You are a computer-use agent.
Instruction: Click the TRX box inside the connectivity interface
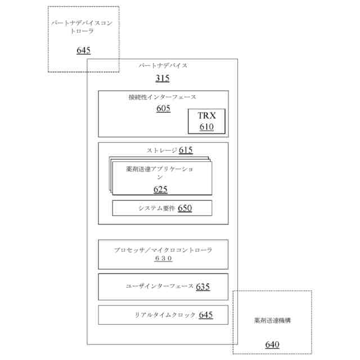(x=206, y=121)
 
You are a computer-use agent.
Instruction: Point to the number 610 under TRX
(x=206, y=127)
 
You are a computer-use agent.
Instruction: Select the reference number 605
(x=163, y=109)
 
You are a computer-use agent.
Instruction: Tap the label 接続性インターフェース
(x=163, y=97)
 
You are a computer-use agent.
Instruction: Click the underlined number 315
(x=162, y=78)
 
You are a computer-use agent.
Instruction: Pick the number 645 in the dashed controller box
(x=83, y=51)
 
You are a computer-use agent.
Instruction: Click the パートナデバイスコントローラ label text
(x=83, y=28)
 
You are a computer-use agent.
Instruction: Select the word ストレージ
(x=162, y=151)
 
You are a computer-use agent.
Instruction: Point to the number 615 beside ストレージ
(x=186, y=150)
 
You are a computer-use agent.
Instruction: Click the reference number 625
(x=160, y=189)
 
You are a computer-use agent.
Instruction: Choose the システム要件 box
(x=162, y=208)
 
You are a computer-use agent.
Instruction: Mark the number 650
(x=184, y=208)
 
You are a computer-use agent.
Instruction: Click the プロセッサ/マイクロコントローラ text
(x=163, y=249)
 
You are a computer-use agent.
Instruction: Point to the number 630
(x=163, y=259)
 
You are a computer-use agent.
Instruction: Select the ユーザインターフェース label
(x=160, y=286)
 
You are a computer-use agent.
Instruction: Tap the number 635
(x=203, y=286)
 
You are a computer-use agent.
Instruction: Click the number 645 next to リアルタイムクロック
(x=205, y=315)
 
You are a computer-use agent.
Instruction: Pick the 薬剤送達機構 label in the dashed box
(x=272, y=321)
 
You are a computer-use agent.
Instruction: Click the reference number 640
(x=272, y=344)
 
